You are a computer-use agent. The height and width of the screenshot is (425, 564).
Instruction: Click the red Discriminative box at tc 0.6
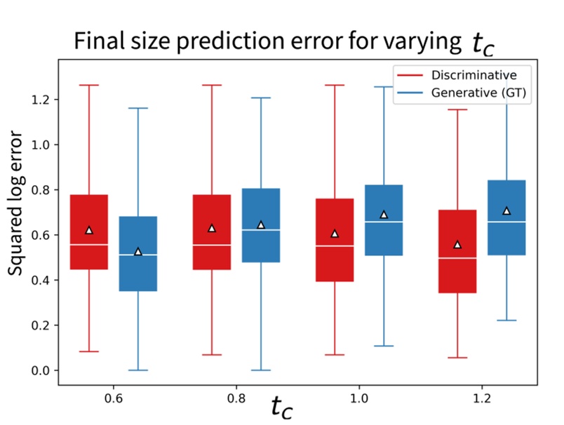click(x=89, y=232)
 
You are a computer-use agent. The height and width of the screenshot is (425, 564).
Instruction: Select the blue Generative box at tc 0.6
click(x=138, y=253)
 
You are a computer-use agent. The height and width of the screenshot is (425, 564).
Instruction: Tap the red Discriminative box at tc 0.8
click(x=211, y=232)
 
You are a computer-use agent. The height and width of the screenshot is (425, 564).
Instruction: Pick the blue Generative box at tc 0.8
click(x=261, y=225)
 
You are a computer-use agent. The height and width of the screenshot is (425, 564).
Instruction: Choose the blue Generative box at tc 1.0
click(x=384, y=220)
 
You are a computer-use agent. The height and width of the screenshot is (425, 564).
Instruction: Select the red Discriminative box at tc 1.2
click(x=457, y=251)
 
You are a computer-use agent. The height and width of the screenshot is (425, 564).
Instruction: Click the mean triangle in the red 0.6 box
click(x=89, y=230)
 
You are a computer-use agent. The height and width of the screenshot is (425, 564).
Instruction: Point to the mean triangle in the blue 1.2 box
click(x=506, y=210)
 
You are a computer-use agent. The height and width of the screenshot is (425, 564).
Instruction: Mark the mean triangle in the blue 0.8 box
click(x=261, y=224)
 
